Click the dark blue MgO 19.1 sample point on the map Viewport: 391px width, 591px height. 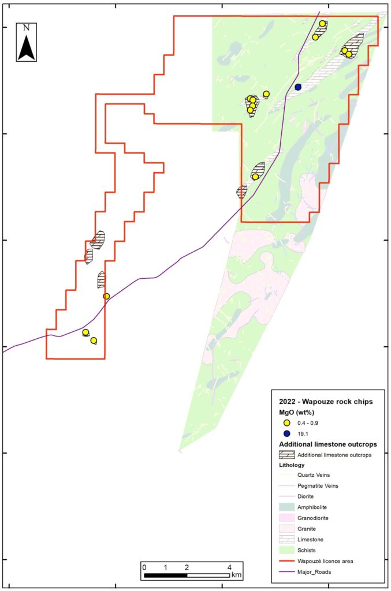pyautogui.click(x=298, y=87)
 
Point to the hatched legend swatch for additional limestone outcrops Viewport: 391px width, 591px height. pyautogui.click(x=287, y=455)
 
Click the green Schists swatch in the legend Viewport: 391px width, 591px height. pyautogui.click(x=287, y=549)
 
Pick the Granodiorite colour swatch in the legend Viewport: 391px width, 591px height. pyautogui.click(x=287, y=518)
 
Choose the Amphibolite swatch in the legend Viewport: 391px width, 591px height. pyautogui.click(x=287, y=507)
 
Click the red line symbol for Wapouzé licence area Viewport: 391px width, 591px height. pyautogui.click(x=287, y=560)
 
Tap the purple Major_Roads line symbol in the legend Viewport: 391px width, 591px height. pyautogui.click(x=287, y=571)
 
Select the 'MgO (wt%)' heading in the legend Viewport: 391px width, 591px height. pyautogui.click(x=298, y=412)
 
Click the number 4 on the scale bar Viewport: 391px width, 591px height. pyautogui.click(x=230, y=566)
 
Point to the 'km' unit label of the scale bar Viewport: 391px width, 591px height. pyautogui.click(x=236, y=575)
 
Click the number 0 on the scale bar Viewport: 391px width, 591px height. pyautogui.click(x=144, y=566)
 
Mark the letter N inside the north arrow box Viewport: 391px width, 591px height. pyautogui.click(x=27, y=27)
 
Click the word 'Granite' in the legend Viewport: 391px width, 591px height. pyautogui.click(x=307, y=529)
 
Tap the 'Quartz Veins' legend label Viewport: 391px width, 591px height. pyautogui.click(x=314, y=475)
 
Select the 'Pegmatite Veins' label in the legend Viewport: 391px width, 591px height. pyautogui.click(x=318, y=486)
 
